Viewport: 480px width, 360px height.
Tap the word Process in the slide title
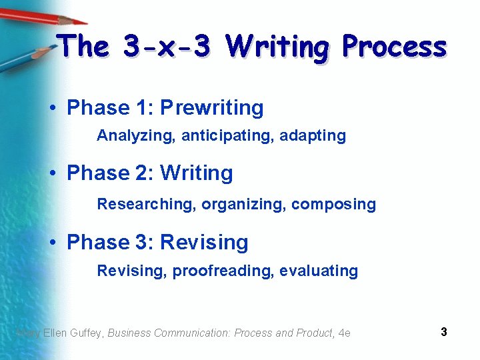(393, 47)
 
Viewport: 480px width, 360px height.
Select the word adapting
(313, 136)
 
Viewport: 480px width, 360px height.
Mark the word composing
(334, 204)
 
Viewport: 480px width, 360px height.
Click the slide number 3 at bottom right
(443, 331)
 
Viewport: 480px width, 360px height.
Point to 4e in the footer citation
(344, 333)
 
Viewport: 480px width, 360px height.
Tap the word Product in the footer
(313, 333)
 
